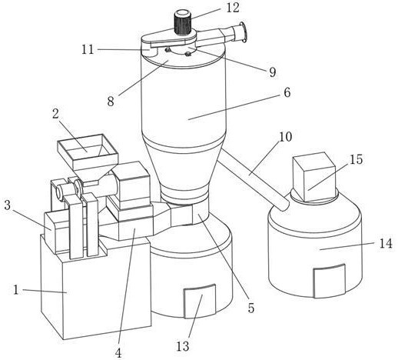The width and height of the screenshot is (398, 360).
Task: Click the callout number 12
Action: [x=233, y=8]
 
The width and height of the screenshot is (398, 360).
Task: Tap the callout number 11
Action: [x=88, y=49]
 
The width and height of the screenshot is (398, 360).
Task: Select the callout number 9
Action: [x=273, y=72]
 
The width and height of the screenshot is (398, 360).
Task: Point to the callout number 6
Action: [x=287, y=92]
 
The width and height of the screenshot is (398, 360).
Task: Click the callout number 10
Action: [x=285, y=137]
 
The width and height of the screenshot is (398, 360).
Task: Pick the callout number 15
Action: [x=357, y=159]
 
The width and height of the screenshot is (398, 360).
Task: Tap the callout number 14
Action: [x=386, y=243]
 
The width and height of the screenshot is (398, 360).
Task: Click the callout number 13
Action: [x=183, y=346]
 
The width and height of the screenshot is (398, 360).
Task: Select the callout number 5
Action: [x=251, y=308]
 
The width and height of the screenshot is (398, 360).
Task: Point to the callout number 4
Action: [x=118, y=353]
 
